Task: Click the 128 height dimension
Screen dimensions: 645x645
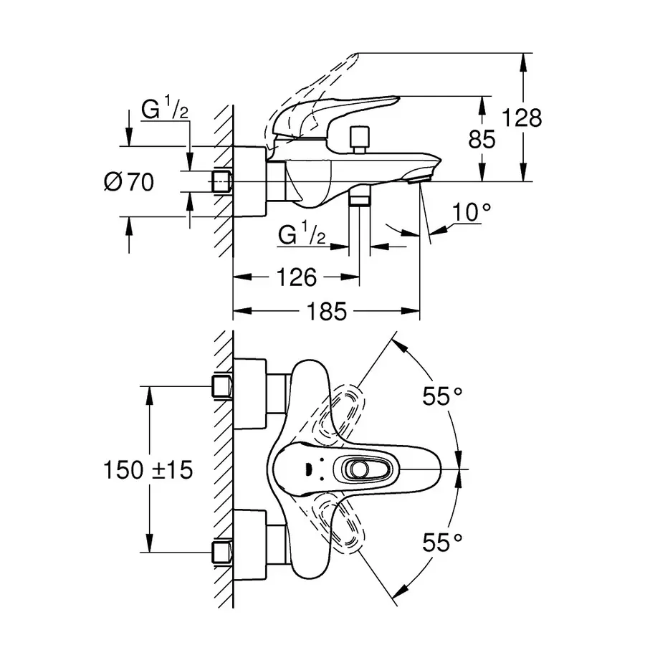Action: tap(522, 117)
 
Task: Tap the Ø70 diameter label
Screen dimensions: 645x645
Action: tap(128, 183)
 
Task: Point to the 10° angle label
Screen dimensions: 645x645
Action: tap(473, 211)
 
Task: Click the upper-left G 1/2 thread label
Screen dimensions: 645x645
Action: tap(165, 110)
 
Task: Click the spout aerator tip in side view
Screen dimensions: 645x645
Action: tap(416, 180)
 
